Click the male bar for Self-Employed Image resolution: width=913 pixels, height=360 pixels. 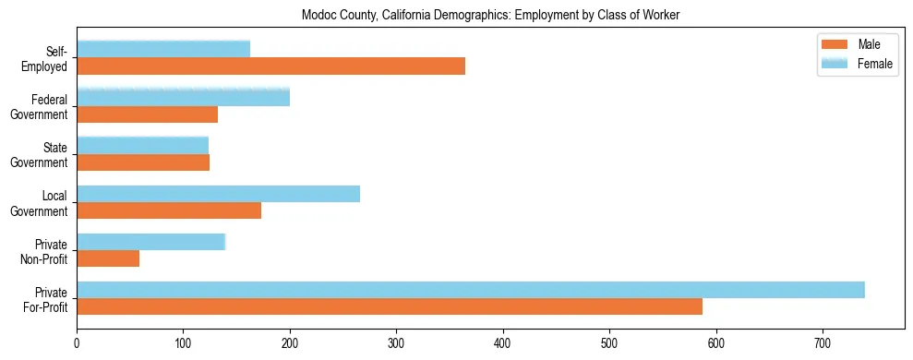click(270, 66)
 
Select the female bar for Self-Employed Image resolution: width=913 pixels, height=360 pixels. click(163, 49)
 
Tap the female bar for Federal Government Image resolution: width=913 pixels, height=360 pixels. click(183, 97)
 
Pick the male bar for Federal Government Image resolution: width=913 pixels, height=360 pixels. click(147, 114)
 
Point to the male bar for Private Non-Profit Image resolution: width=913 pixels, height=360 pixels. click(108, 258)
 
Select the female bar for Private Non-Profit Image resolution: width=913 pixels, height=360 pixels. click(150, 242)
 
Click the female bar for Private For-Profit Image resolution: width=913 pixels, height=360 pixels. click(471, 290)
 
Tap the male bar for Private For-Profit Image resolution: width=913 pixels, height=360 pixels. click(390, 306)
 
